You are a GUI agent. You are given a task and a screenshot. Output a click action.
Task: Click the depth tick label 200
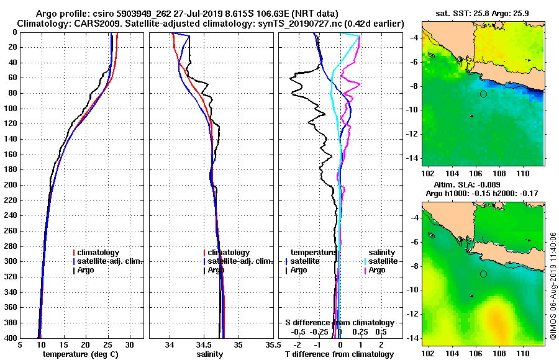10,185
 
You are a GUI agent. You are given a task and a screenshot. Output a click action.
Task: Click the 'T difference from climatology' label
339,354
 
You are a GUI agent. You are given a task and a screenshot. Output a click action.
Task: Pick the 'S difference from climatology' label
339,323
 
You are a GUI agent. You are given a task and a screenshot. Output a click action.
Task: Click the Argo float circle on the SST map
483,94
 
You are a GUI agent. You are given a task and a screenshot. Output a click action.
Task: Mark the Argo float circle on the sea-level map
483,274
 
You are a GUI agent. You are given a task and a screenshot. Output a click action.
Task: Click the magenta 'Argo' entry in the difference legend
377,270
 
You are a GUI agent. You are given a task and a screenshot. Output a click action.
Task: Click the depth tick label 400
10,338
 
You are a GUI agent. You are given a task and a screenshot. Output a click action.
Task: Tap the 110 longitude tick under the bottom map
522,354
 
